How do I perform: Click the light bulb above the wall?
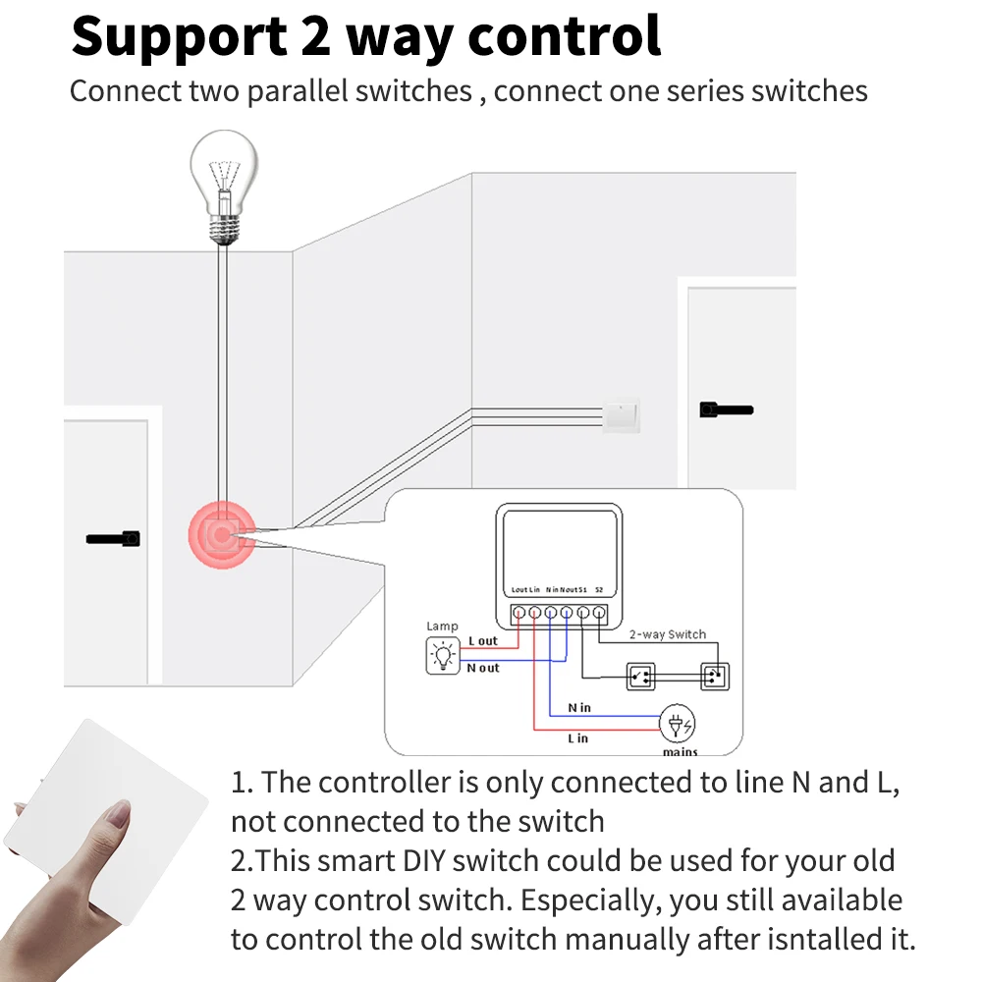point(224,187)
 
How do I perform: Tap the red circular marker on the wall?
point(222,535)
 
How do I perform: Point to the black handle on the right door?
point(726,409)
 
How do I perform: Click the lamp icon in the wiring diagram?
point(442,655)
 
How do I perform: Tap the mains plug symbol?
point(677,726)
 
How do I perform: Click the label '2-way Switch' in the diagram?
point(667,634)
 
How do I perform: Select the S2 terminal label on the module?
point(599,590)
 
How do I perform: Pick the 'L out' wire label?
point(483,641)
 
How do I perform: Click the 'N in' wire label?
point(579,707)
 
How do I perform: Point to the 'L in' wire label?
point(577,738)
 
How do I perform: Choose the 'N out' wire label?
point(483,668)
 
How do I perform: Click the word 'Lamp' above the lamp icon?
point(442,627)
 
